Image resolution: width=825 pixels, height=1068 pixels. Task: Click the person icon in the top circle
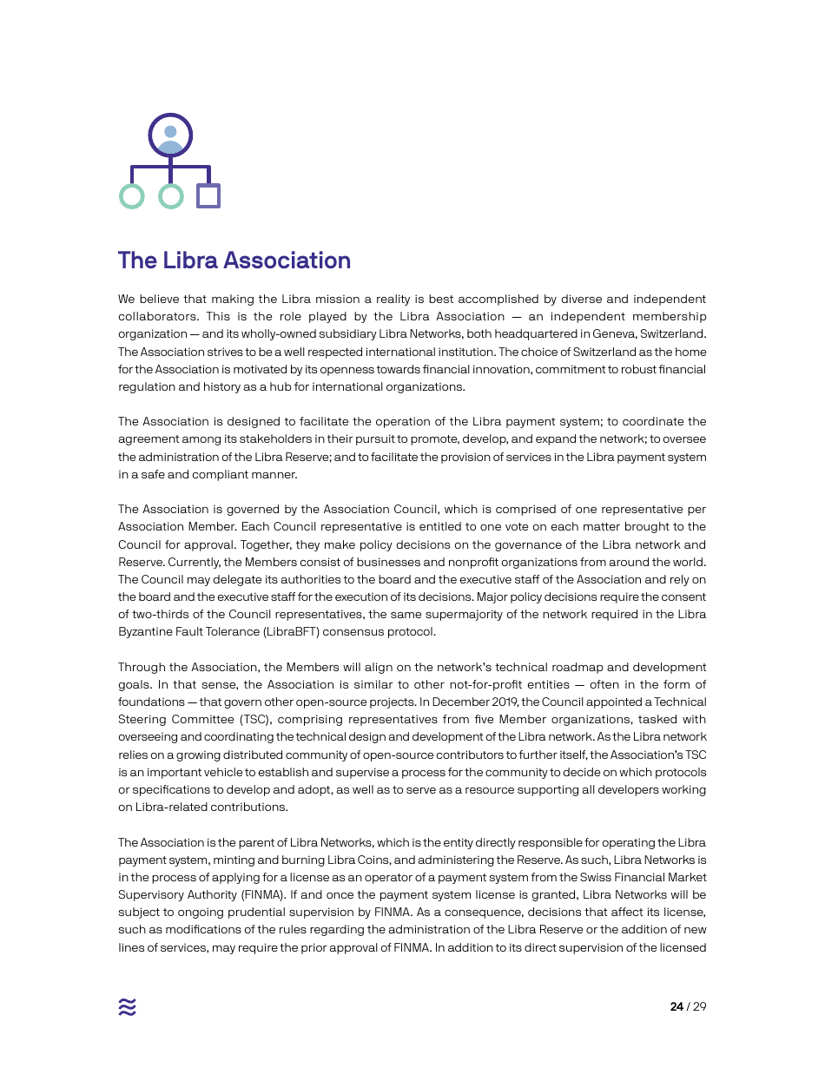pyautogui.click(x=170, y=137)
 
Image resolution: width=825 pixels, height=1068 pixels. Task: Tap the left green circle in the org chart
pyautogui.click(x=131, y=196)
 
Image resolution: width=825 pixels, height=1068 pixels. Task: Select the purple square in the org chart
pyautogui.click(x=208, y=196)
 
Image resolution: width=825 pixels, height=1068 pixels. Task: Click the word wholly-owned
pyautogui.click(x=253, y=334)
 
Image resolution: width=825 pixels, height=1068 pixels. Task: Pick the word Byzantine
pyautogui.click(x=147, y=632)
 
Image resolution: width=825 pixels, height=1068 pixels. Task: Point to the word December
pyautogui.click(x=454, y=702)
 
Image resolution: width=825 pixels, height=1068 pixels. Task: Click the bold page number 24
pyautogui.click(x=676, y=1007)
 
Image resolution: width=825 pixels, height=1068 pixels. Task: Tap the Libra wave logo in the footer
pyautogui.click(x=128, y=1007)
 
